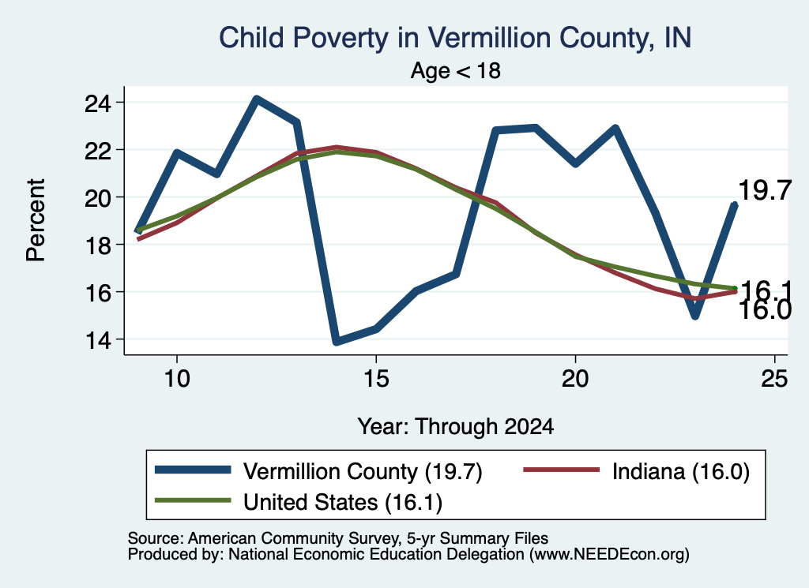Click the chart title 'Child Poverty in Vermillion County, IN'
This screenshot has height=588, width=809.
tap(455, 38)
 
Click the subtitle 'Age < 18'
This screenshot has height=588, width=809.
tap(456, 70)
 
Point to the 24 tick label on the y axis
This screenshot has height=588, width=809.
tap(97, 103)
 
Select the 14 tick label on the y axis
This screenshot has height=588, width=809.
tap(97, 340)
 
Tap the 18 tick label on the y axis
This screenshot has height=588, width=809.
tap(97, 245)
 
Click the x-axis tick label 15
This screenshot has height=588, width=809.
tap(376, 379)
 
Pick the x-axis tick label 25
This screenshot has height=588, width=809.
tap(774, 379)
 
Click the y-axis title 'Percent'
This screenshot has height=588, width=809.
tap(36, 220)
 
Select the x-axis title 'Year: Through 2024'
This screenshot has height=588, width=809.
tap(456, 427)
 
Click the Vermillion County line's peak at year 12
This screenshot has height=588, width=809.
tap(257, 99)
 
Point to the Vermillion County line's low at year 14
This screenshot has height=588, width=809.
tap(337, 341)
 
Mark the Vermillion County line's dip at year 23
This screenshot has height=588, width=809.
tap(695, 315)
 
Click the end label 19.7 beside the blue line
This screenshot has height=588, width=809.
tap(765, 191)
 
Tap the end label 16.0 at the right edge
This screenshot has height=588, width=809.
tap(765, 311)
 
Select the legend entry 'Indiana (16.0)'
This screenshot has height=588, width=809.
tap(681, 471)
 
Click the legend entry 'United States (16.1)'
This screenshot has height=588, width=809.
tap(343, 502)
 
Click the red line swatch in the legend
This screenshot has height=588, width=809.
tap(562, 470)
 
